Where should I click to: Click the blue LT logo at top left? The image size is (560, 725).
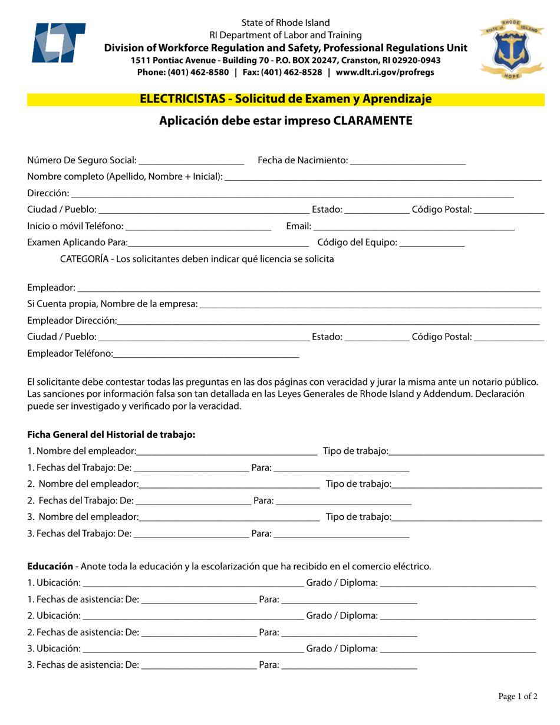click(57, 42)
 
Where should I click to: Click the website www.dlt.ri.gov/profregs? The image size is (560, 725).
click(385, 72)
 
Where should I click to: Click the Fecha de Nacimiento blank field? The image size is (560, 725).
click(407, 161)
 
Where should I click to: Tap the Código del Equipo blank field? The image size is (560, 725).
click(431, 242)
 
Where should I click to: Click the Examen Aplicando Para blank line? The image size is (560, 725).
click(218, 243)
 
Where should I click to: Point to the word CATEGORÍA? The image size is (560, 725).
click(85, 259)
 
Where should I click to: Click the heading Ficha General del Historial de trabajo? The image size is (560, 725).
click(111, 435)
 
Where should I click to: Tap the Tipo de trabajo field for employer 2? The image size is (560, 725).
click(467, 485)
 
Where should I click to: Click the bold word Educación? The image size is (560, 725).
click(50, 566)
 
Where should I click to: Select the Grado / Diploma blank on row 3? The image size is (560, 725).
click(458, 649)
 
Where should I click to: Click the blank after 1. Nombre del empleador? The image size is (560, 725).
click(226, 452)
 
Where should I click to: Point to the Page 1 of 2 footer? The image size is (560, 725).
click(518, 697)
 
